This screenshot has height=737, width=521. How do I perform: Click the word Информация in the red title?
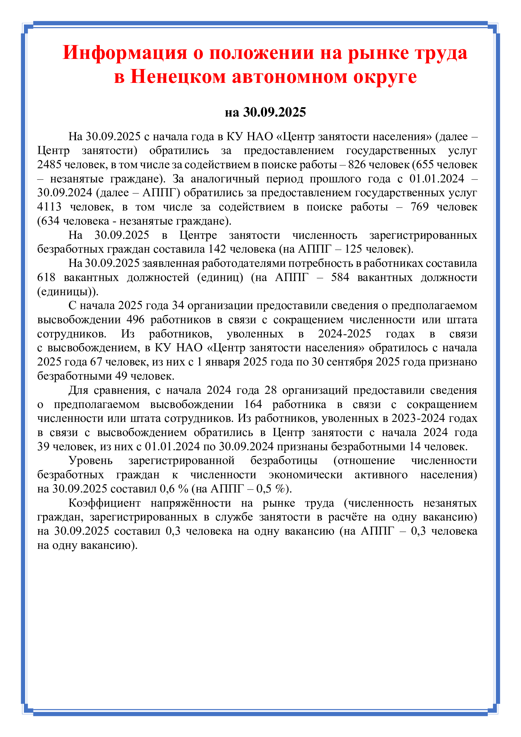click(124, 53)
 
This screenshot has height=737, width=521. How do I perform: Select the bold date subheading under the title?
click(265, 112)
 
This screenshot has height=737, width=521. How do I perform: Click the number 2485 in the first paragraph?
click(49, 164)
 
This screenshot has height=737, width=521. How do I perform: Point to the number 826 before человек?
click(357, 164)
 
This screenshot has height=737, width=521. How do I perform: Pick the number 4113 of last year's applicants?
click(49, 207)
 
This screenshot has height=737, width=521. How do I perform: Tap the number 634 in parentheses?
click(49, 221)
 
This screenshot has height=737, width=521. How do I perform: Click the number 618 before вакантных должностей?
click(46, 277)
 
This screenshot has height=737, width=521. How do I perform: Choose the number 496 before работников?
click(135, 320)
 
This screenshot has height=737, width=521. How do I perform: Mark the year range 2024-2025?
click(344, 333)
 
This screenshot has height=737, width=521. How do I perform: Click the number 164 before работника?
click(253, 404)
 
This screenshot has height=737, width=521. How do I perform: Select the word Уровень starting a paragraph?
click(90, 460)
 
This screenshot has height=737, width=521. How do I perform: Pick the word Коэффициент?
click(104, 503)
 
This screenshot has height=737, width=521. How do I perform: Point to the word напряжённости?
click(191, 503)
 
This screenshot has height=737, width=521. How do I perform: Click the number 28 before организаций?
click(271, 390)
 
